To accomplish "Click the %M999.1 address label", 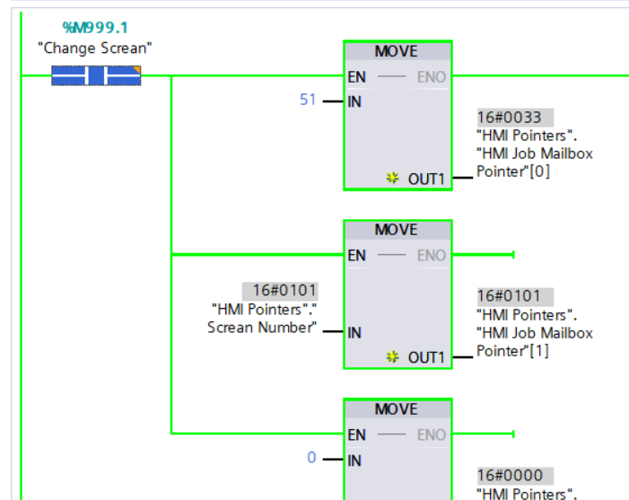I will (x=95, y=28).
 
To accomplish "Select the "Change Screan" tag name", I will (x=95, y=48).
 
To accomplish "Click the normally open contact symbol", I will (x=96, y=76).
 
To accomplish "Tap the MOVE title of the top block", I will (x=396, y=51).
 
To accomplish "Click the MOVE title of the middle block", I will (x=396, y=230).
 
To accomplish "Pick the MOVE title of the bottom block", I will (x=396, y=409).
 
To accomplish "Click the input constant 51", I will (x=308, y=100).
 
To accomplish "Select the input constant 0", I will (x=311, y=458).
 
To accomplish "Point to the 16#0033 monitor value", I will (x=514, y=118).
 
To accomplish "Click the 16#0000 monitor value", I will (x=514, y=476).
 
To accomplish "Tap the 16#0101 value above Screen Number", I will (x=280, y=291).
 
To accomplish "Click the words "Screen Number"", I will (x=261, y=328).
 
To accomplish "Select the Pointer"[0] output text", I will (x=512, y=171).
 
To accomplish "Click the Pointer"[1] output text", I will (x=512, y=351).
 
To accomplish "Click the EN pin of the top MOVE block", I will (x=357, y=77).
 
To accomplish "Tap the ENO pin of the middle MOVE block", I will (x=432, y=256).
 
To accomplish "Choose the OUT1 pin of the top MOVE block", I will (x=426, y=179).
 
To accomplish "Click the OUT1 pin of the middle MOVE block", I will (x=426, y=357).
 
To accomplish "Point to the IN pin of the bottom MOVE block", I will (x=354, y=461).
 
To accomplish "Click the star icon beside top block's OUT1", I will (x=393, y=179).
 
